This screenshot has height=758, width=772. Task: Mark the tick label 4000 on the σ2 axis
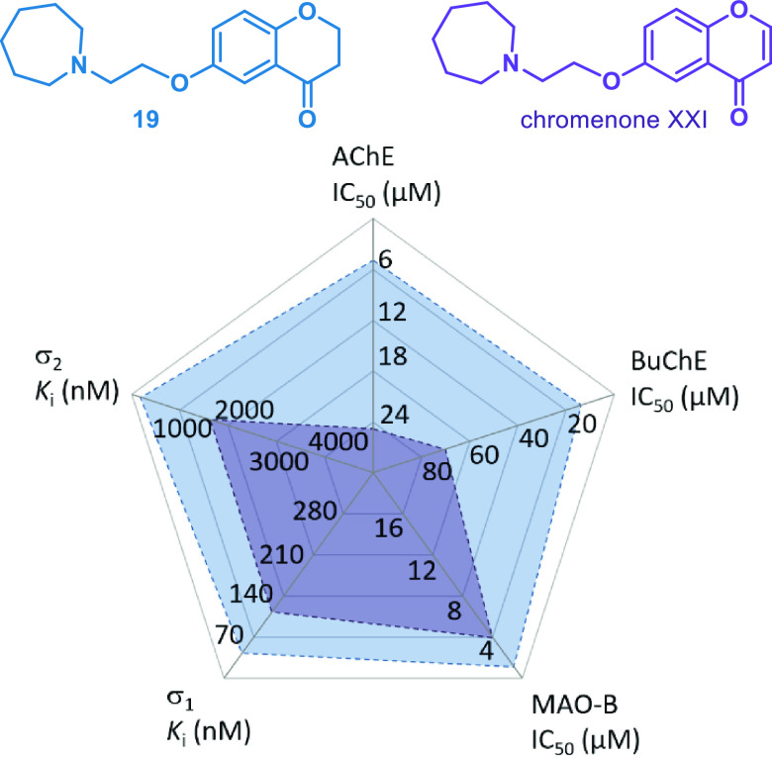[x=337, y=441]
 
